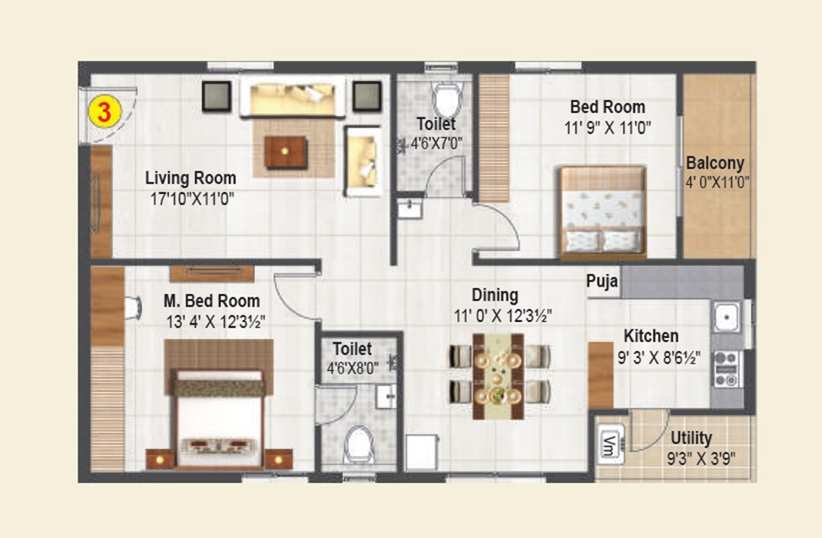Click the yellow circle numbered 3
104,111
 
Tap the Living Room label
191,178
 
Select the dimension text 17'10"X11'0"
192,198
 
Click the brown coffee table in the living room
286,151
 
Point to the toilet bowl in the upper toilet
446,99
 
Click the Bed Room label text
607,107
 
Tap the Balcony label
714,163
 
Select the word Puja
602,281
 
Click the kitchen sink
724,316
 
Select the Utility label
691,438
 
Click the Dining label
495,295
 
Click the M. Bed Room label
212,301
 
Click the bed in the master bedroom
219,419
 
